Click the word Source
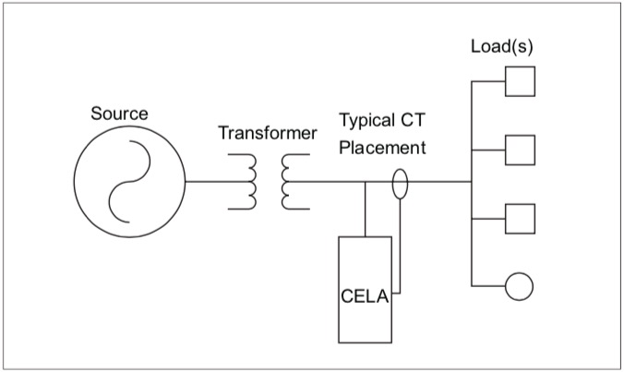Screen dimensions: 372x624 [x=119, y=114]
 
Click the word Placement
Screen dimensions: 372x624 [x=382, y=146]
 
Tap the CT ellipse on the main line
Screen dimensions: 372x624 [x=400, y=182]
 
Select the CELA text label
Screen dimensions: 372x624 [x=361, y=297]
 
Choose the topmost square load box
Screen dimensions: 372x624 [x=520, y=81]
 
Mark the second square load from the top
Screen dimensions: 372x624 [x=520, y=149]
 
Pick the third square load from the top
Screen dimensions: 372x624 [x=520, y=218]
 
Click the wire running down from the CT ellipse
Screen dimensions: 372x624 [x=400, y=249]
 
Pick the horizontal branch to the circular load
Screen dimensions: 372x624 [x=488, y=285]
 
